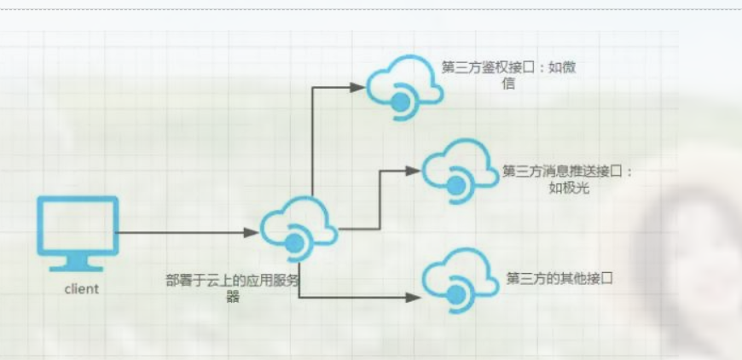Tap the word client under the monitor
click(82, 289)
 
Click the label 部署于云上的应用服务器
click(233, 288)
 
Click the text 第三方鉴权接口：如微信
click(508, 75)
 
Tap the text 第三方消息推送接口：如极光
click(568, 179)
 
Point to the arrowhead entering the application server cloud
click(252, 232)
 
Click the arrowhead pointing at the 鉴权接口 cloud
click(357, 86)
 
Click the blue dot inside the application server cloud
click(294, 244)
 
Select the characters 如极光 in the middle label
click(569, 188)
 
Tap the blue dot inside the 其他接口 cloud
click(456, 295)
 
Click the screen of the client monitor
click(78, 224)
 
